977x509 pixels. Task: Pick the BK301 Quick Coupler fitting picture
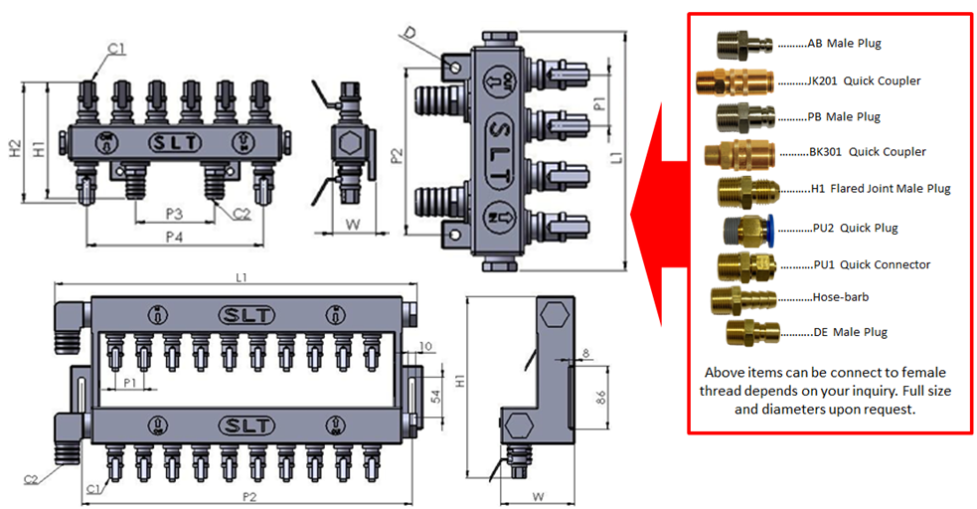pyautogui.click(x=737, y=154)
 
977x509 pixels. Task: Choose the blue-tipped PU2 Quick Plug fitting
pyautogui.click(x=741, y=228)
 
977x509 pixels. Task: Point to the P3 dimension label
pyautogui.click(x=174, y=214)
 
